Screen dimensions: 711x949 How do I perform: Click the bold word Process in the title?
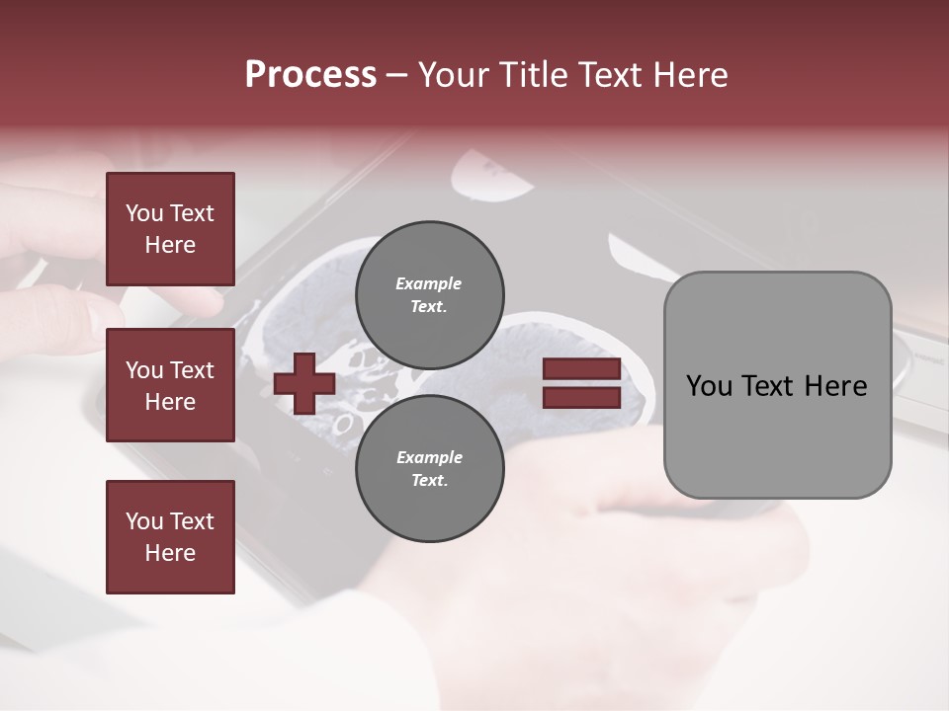[310, 75]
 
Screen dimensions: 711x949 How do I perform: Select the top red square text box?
[170, 229]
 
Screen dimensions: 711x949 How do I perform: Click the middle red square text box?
[170, 385]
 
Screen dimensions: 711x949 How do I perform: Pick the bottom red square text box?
[170, 537]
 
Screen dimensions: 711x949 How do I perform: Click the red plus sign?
[304, 384]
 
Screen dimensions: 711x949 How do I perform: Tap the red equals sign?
[581, 383]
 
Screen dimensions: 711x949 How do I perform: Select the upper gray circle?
[430, 294]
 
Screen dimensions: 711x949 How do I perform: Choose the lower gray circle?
[430, 468]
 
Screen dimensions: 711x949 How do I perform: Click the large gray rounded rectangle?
[777, 385]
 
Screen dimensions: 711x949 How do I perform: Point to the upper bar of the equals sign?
[581, 369]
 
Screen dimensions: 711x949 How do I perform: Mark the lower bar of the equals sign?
[581, 397]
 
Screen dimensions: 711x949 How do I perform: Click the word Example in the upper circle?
[429, 283]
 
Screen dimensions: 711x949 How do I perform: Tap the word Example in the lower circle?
[429, 457]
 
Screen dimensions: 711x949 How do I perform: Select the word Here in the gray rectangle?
[835, 386]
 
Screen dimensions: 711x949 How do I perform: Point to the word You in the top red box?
[144, 213]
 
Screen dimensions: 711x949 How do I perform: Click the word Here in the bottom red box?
[170, 553]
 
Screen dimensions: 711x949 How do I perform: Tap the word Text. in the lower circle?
[429, 481]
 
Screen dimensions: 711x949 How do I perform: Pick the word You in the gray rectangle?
[708, 386]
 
